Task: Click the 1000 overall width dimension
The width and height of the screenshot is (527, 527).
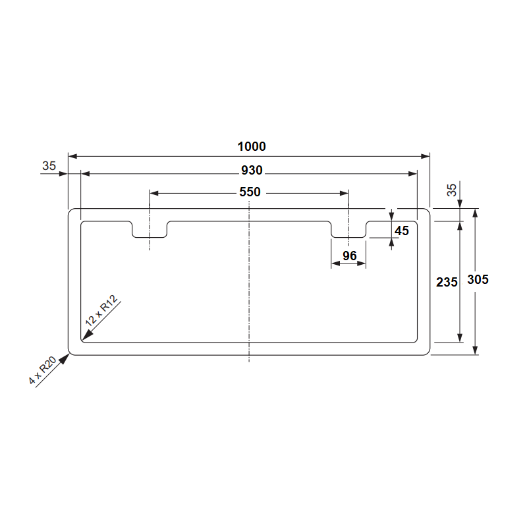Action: [252, 146]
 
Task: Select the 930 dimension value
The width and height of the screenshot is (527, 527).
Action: [252, 171]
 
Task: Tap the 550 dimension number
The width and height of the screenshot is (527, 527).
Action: [250, 192]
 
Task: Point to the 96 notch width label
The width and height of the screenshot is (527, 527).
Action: [350, 256]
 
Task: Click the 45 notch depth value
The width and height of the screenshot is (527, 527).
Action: [402, 231]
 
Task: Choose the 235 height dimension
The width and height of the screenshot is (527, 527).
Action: [447, 282]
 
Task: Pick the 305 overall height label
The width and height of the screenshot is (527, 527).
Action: [478, 279]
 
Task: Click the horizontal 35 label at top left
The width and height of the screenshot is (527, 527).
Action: [49, 166]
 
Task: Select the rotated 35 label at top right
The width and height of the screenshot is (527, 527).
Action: [452, 190]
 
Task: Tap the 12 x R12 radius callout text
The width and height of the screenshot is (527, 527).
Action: [101, 310]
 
